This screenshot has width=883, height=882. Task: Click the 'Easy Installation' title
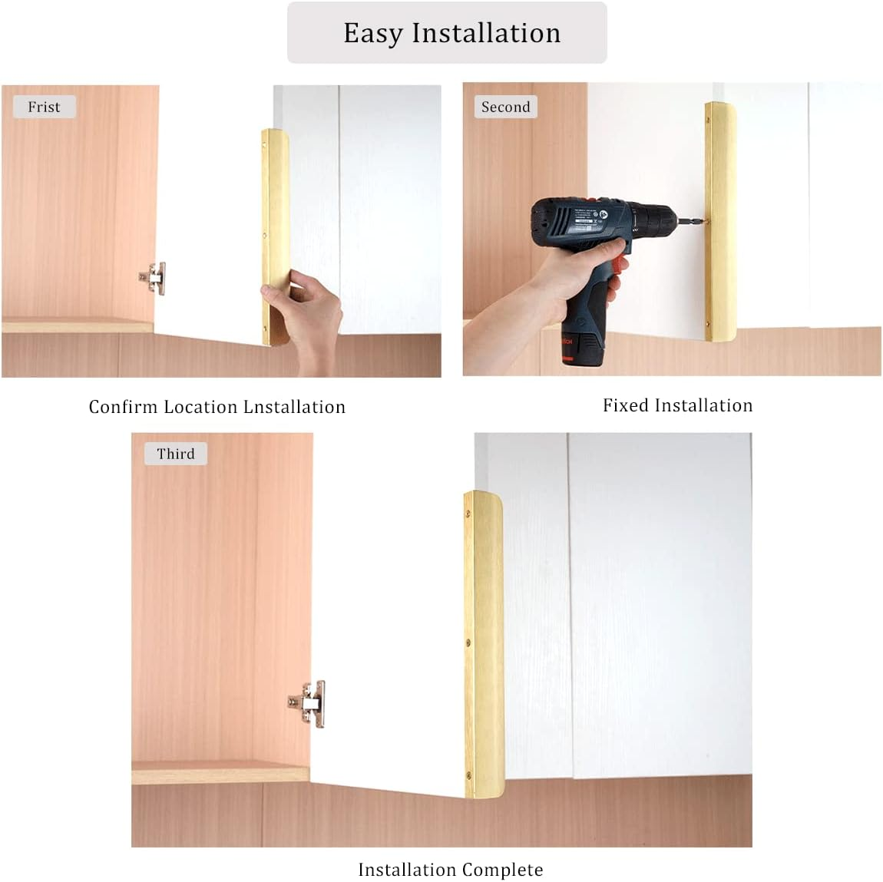[451, 33]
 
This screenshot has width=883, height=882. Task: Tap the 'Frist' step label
[44, 107]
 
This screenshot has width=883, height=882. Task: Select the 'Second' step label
[505, 107]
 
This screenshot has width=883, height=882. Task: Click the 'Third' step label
[176, 454]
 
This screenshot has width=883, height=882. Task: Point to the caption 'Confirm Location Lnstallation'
[217, 407]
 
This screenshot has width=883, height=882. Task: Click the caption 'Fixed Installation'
[677, 405]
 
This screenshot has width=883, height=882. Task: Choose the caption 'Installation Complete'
[450, 870]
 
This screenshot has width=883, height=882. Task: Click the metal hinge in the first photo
[154, 278]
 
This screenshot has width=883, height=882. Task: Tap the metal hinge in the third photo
[309, 702]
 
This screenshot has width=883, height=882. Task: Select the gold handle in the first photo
[275, 223]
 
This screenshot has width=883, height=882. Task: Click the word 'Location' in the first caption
[200, 407]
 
